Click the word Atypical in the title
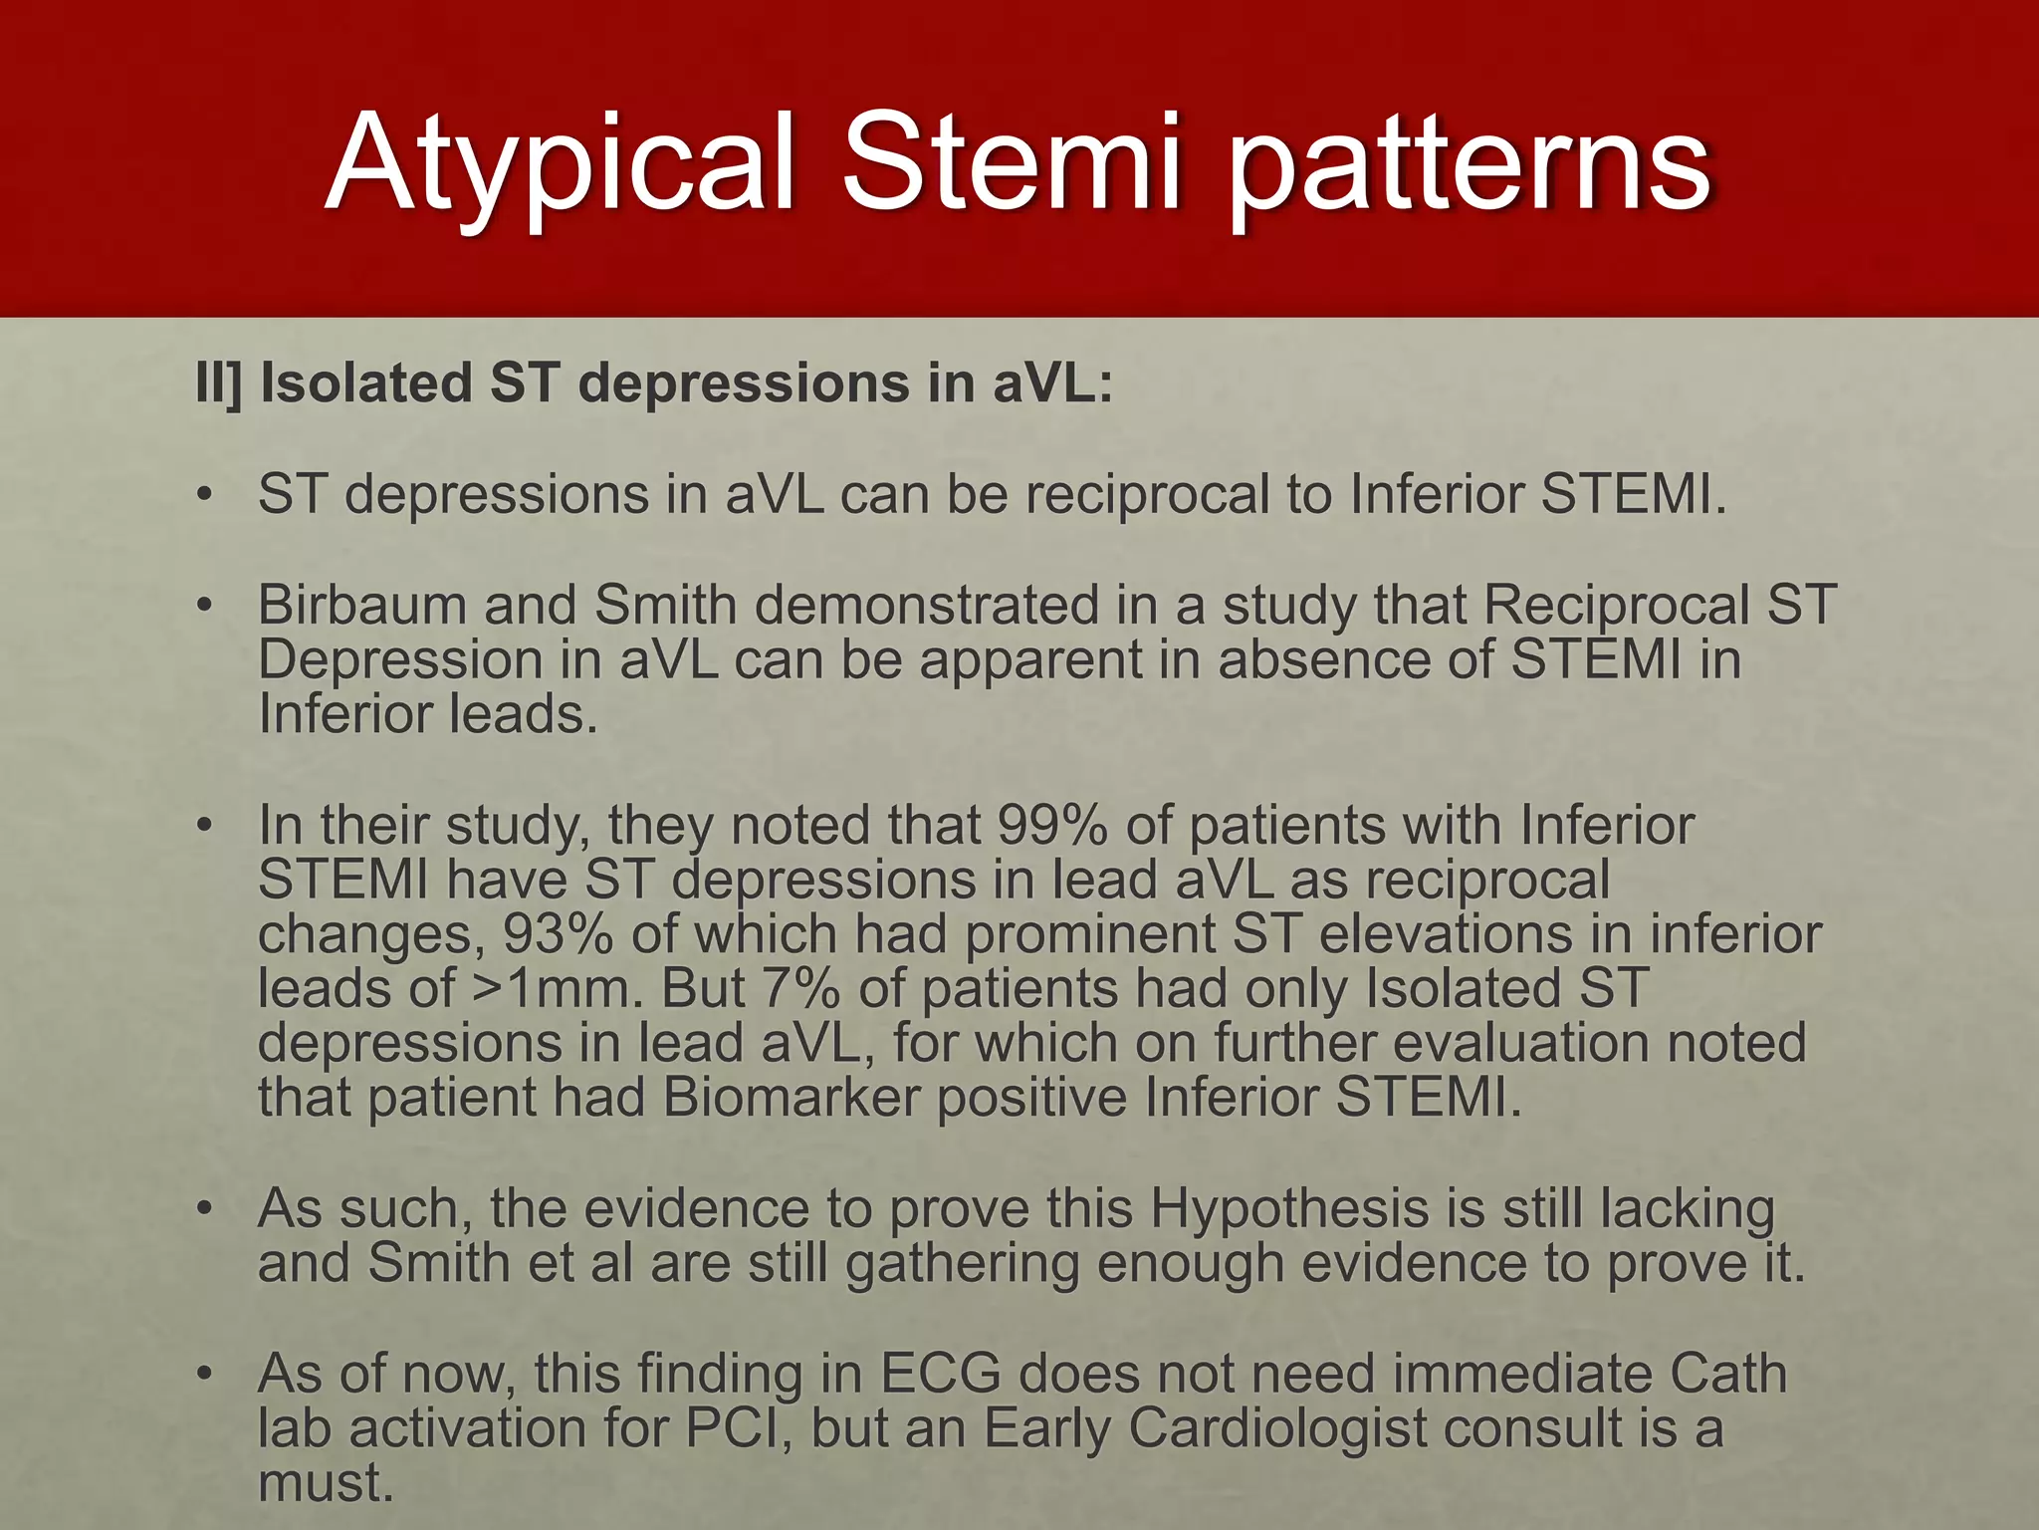click(563, 164)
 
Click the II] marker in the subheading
click(218, 383)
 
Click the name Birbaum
click(362, 605)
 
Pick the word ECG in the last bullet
click(940, 1374)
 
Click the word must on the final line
click(325, 1483)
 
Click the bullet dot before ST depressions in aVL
click(205, 495)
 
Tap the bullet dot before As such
click(205, 1209)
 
